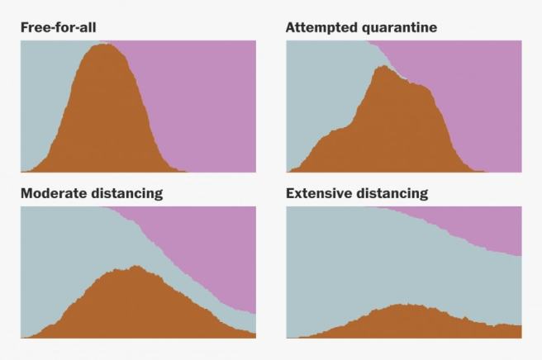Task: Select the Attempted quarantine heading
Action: [361, 27]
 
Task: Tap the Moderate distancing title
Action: [91, 194]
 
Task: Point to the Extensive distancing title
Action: [356, 194]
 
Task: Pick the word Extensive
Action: [318, 194]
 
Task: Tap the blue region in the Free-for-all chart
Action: [41, 91]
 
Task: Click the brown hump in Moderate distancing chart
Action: [132, 306]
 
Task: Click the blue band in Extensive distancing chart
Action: [372, 264]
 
